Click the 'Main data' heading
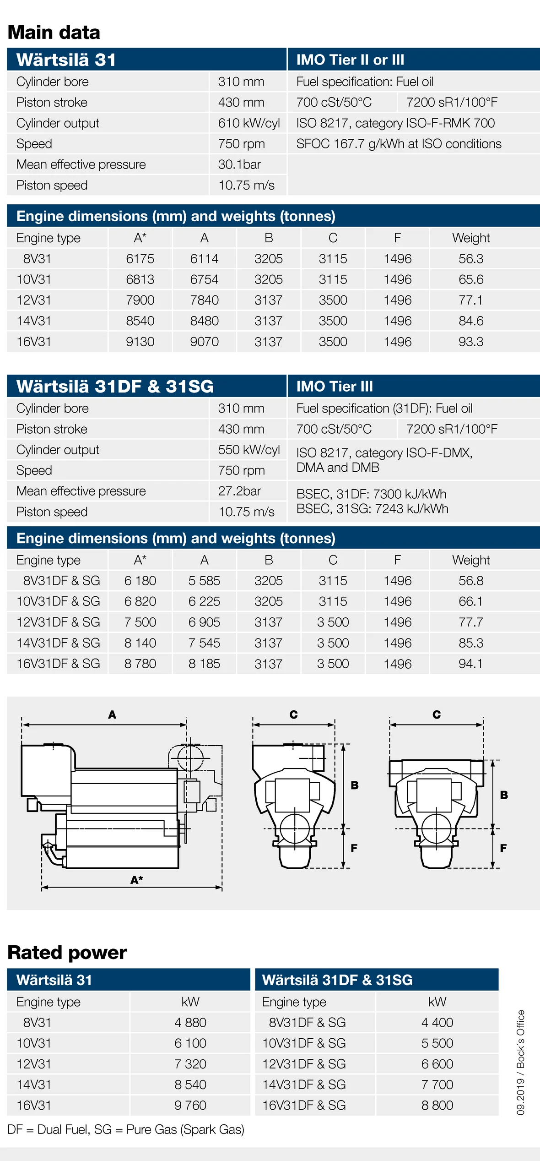[54, 33]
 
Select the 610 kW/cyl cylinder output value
[248, 123]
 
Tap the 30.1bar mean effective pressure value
[239, 164]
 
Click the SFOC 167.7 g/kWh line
[399, 144]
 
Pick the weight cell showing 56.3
[471, 259]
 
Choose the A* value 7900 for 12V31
[140, 300]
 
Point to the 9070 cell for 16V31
[204, 342]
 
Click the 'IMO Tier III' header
[335, 386]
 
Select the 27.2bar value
[239, 491]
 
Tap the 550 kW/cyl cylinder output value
[248, 450]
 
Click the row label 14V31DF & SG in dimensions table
[58, 643]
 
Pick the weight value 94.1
[471, 664]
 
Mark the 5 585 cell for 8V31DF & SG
[204, 581]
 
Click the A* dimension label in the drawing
[137, 880]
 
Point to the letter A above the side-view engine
[112, 714]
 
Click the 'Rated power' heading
[67, 953]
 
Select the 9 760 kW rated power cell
[190, 1105]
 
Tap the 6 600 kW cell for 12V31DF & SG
[437, 1064]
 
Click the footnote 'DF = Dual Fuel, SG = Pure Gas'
[126, 1129]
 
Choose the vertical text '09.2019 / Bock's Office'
[521, 1062]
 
